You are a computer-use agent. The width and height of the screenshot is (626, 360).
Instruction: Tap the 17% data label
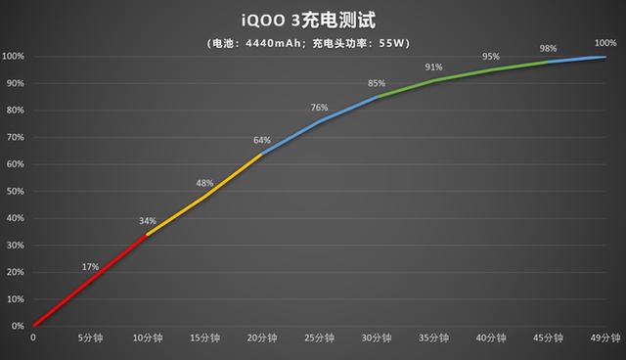(x=90, y=266)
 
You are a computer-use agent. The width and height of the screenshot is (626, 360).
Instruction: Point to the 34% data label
(x=147, y=220)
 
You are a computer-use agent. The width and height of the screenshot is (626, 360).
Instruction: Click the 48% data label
(x=204, y=183)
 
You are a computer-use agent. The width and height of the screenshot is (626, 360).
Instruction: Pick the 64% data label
(x=262, y=140)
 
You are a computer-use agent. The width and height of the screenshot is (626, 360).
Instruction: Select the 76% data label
(x=319, y=108)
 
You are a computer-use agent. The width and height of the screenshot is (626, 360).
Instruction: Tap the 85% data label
(x=377, y=83)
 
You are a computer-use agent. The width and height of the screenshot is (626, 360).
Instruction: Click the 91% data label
(x=433, y=67)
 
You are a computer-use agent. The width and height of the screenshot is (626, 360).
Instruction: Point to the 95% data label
(x=491, y=56)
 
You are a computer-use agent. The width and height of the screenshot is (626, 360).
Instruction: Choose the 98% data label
(x=549, y=48)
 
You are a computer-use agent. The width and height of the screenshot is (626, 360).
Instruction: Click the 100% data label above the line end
(x=606, y=43)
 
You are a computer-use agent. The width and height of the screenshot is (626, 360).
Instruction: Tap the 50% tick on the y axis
(x=13, y=191)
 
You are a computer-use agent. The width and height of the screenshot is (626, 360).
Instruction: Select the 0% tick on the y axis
(x=16, y=326)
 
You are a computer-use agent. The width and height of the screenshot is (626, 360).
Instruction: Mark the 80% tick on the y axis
(x=13, y=110)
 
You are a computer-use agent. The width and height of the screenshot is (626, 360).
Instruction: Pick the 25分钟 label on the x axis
(x=319, y=338)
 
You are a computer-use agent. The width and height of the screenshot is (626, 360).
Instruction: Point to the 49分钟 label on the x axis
(x=605, y=338)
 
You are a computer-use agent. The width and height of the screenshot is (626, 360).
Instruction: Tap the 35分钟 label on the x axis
(x=433, y=338)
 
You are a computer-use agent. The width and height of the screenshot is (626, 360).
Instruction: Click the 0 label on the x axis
(x=33, y=338)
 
